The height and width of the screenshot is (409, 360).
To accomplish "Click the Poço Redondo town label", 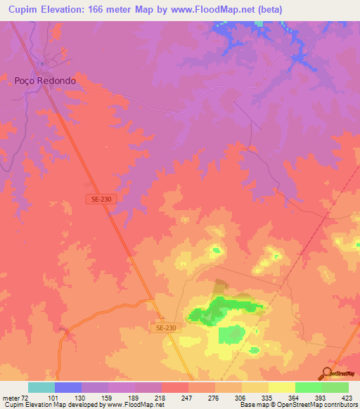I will [45, 81].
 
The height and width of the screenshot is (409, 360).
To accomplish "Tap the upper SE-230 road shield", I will [101, 200].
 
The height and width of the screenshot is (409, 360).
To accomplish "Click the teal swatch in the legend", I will [41, 387].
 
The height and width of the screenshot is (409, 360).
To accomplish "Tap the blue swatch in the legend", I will [68, 387].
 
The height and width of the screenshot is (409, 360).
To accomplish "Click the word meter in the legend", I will [11, 398].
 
